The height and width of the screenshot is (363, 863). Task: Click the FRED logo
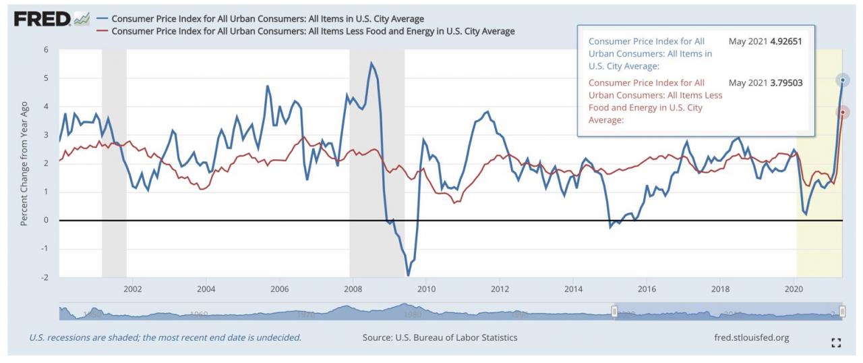point(42,19)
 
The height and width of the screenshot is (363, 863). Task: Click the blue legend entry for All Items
point(267,18)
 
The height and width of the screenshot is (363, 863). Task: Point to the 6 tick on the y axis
point(46,50)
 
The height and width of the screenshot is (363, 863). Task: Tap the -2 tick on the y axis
point(44,277)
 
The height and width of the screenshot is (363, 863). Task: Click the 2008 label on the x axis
point(353,289)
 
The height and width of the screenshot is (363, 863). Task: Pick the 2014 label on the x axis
point(573,289)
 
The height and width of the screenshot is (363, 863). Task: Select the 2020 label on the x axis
point(794,289)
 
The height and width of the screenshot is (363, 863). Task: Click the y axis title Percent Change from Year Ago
point(24,163)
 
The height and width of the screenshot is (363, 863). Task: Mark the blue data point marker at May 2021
point(843,80)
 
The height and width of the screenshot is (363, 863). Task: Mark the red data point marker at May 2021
point(843,112)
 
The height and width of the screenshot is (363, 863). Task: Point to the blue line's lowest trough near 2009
point(408,275)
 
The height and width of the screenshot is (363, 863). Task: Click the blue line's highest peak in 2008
point(371,63)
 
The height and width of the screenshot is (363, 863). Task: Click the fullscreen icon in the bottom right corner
point(836,343)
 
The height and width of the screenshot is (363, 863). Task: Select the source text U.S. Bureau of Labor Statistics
point(440,337)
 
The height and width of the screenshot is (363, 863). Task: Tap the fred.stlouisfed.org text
point(750,337)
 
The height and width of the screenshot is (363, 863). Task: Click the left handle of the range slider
point(614,312)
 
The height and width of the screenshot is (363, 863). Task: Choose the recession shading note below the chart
point(165,337)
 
